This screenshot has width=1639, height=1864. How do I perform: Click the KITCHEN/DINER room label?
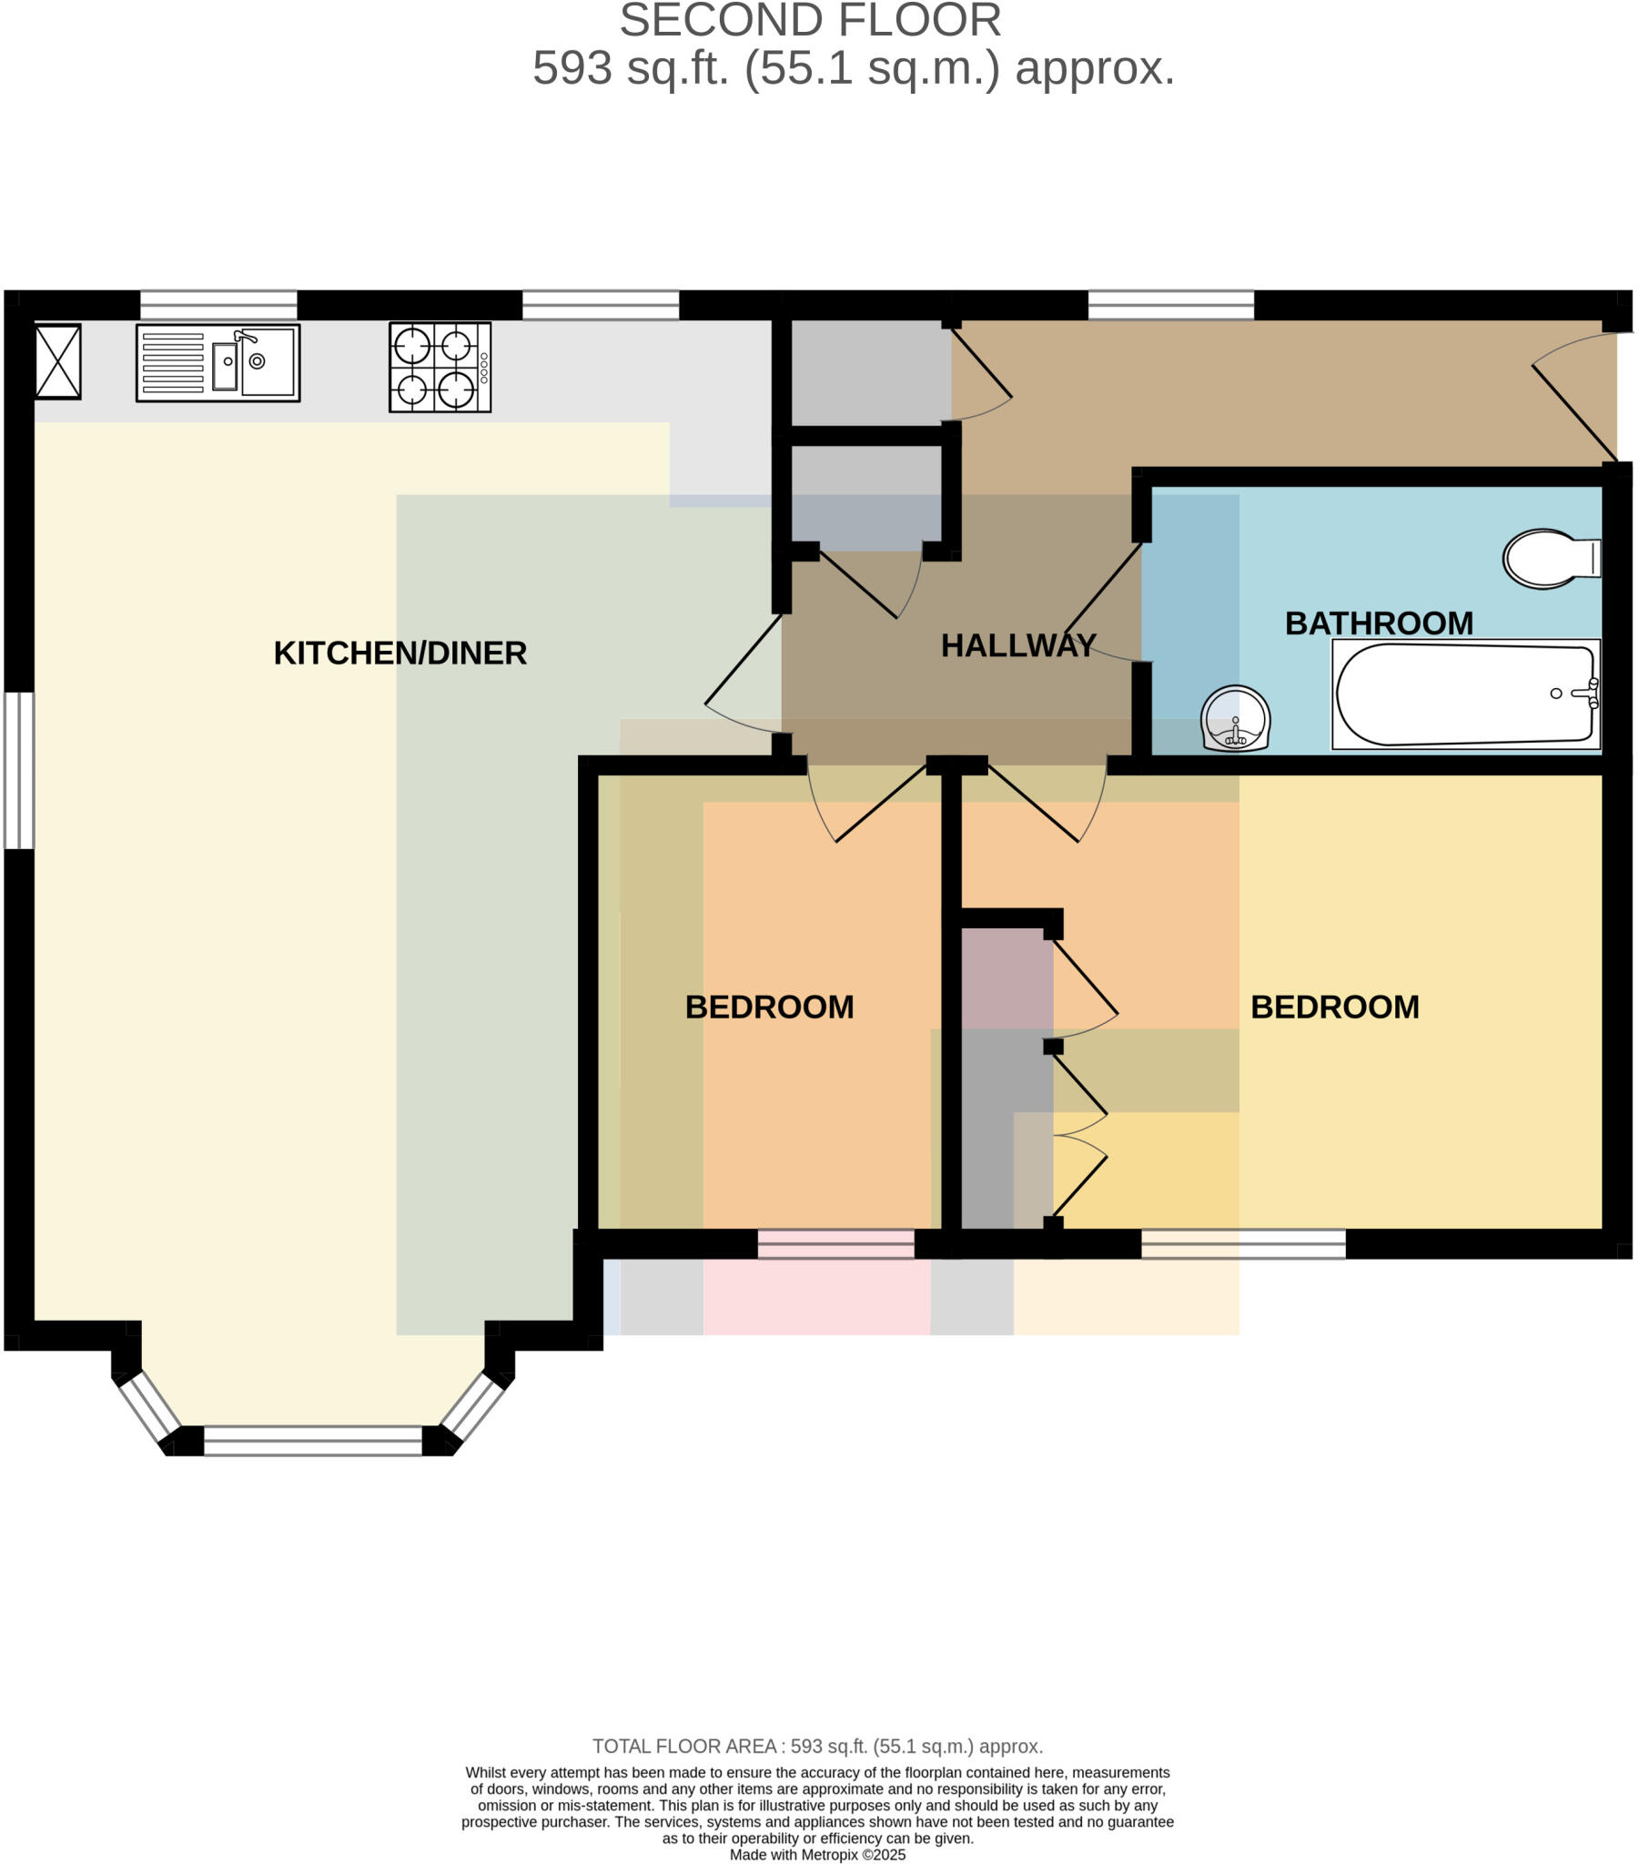pyautogui.click(x=400, y=653)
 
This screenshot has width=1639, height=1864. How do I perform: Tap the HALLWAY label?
pyautogui.click(x=1017, y=645)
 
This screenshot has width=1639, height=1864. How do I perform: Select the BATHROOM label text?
pyautogui.click(x=1378, y=623)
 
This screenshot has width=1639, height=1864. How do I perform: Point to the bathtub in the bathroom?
pyautogui.click(x=1464, y=694)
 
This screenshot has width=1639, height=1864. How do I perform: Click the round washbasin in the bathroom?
pyautogui.click(x=1235, y=719)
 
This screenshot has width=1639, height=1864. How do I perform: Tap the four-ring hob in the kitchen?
pyautogui.click(x=440, y=368)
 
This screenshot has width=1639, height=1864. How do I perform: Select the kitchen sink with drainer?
pyautogui.click(x=218, y=362)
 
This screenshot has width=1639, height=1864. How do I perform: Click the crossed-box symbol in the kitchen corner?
pyautogui.click(x=58, y=362)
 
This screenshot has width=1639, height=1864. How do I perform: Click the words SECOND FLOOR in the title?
pyautogui.click(x=810, y=21)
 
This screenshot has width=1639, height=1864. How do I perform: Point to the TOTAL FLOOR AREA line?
pyautogui.click(x=817, y=1747)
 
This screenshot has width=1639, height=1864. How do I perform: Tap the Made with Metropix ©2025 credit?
pyautogui.click(x=817, y=1855)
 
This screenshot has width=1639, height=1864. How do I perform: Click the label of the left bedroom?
pyautogui.click(x=769, y=1007)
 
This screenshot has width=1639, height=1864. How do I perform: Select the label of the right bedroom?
pyautogui.click(x=1334, y=1007)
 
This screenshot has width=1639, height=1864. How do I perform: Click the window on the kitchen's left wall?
pyautogui.click(x=19, y=771)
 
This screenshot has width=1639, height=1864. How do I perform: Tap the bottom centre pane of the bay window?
pyautogui.click(x=313, y=1441)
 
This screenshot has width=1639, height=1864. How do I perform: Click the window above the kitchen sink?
pyautogui.click(x=218, y=305)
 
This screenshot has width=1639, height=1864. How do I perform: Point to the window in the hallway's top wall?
pyautogui.click(x=1170, y=305)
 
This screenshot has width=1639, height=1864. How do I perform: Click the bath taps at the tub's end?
pyautogui.click(x=1591, y=693)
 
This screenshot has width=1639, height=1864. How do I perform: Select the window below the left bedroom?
pyautogui.click(x=835, y=1244)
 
